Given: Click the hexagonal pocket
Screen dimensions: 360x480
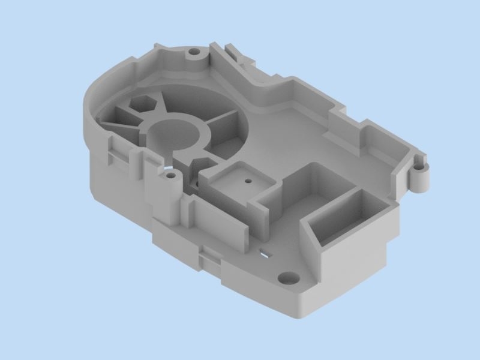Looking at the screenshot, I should click(142, 103).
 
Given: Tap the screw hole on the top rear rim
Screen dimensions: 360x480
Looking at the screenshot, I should click(194, 52).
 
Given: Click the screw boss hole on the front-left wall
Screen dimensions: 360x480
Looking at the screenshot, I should click(171, 176).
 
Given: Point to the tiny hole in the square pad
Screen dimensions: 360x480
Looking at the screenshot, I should click(246, 180).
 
